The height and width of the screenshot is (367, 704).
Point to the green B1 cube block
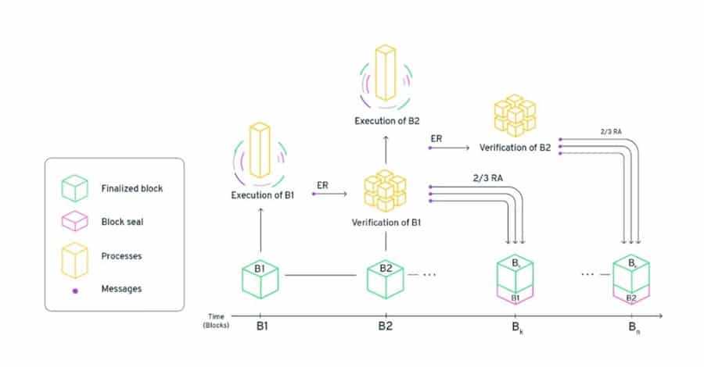click(x=262, y=276)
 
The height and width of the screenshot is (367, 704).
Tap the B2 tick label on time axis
click(x=385, y=325)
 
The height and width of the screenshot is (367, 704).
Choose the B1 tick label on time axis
click(x=262, y=325)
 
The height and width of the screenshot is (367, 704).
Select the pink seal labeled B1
click(x=515, y=297)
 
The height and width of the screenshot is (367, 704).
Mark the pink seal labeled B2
click(x=632, y=297)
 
